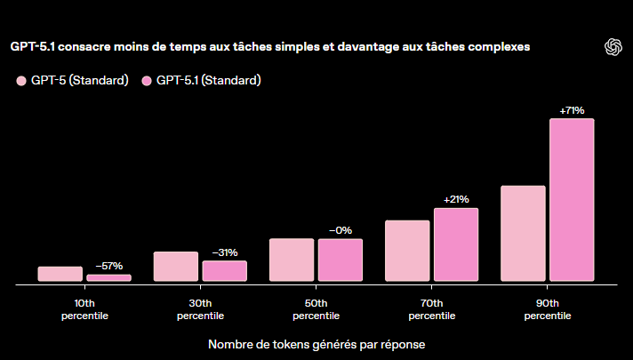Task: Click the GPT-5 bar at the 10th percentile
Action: pyautogui.click(x=60, y=274)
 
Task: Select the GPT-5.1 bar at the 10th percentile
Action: pyautogui.click(x=108, y=278)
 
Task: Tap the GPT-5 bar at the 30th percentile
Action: pyautogui.click(x=176, y=267)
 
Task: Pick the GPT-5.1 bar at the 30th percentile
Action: pyautogui.click(x=224, y=271)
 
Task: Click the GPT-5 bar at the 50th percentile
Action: pyautogui.click(x=292, y=260)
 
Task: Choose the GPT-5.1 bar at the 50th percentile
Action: pyautogui.click(x=341, y=260)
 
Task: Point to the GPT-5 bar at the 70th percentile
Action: pyautogui.click(x=407, y=251)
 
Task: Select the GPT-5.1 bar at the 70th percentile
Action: pyautogui.click(x=456, y=245)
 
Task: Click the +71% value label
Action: pyautogui.click(x=572, y=110)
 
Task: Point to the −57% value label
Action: pyautogui.click(x=108, y=266)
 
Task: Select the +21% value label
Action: pyautogui.click(x=456, y=199)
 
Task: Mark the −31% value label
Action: pyautogui.click(x=224, y=252)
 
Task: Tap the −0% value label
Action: pyautogui.click(x=341, y=230)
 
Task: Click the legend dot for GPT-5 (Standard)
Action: pyautogui.click(x=21, y=82)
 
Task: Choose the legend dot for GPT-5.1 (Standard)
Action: pyautogui.click(x=147, y=82)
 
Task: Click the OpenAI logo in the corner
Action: pyautogui.click(x=612, y=47)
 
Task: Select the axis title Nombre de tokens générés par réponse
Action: pyautogui.click(x=316, y=343)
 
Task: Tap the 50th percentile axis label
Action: pyautogui.click(x=316, y=309)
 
